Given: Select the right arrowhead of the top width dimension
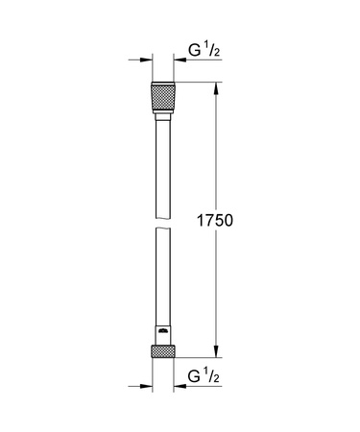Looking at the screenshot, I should coord(178,60).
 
